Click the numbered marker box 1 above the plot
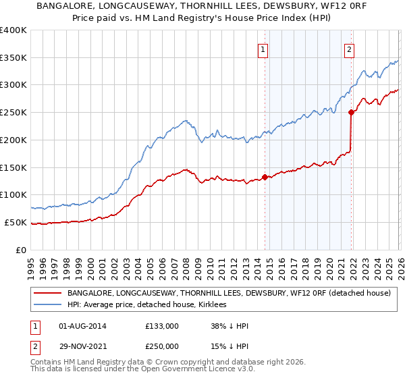click(x=263, y=49)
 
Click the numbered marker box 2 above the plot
click(x=349, y=49)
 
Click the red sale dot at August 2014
click(x=265, y=177)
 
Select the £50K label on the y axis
click(x=16, y=222)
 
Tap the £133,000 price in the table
click(x=162, y=327)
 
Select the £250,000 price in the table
click(x=162, y=346)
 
